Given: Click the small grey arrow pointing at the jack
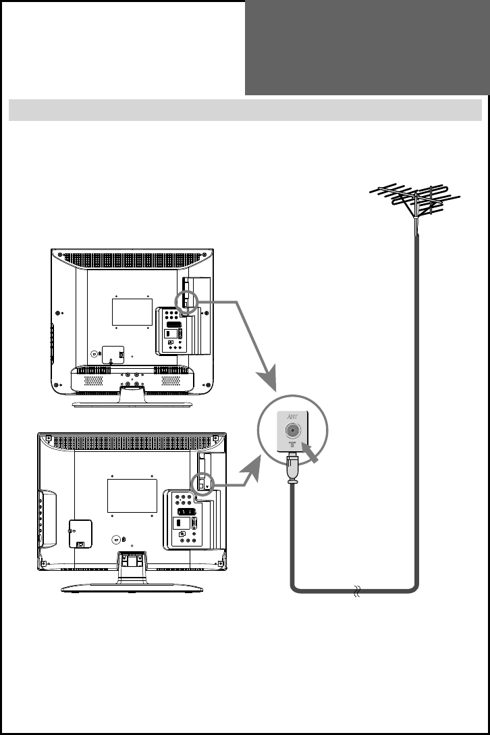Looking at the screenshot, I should [x=313, y=453].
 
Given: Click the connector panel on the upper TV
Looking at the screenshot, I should [x=173, y=330].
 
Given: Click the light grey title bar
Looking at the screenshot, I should [x=245, y=109].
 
